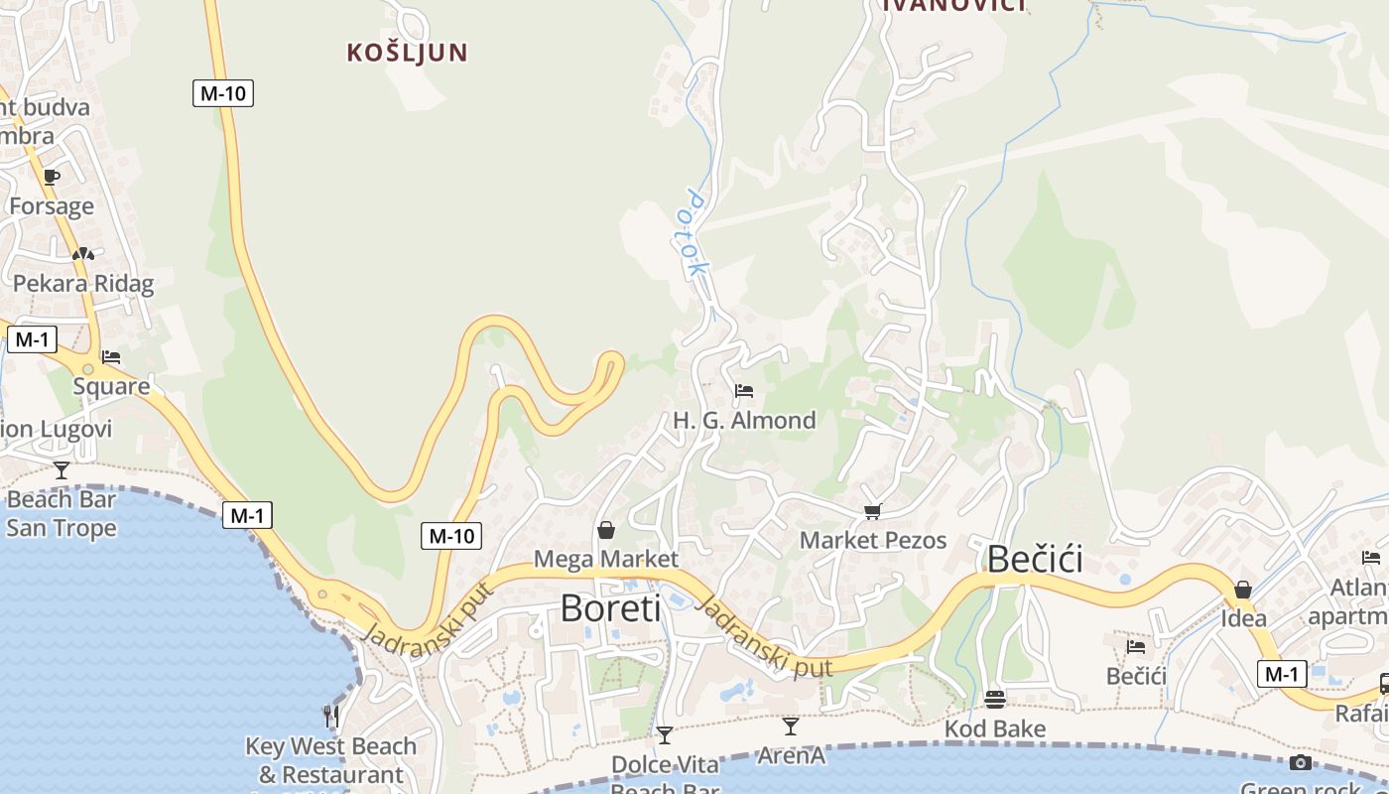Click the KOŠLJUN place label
[x=407, y=53]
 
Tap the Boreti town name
[x=610, y=607]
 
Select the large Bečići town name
[x=1035, y=560]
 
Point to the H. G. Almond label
[x=744, y=421]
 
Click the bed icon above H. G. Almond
[x=744, y=391]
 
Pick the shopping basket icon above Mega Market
[x=606, y=530]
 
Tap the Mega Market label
[x=606, y=559]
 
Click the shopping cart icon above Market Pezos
[x=872, y=512]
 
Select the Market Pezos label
[x=873, y=541]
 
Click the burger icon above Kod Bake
[x=995, y=700]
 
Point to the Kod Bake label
[x=995, y=729]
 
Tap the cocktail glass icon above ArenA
[x=791, y=727]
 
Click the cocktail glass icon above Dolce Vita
[x=665, y=735]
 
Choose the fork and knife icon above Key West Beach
[x=331, y=716]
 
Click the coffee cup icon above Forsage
[x=52, y=177]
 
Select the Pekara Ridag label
[x=83, y=284]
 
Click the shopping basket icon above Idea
[x=1243, y=591]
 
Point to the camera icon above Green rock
[x=1301, y=762]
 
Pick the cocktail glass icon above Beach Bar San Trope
[x=62, y=469]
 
